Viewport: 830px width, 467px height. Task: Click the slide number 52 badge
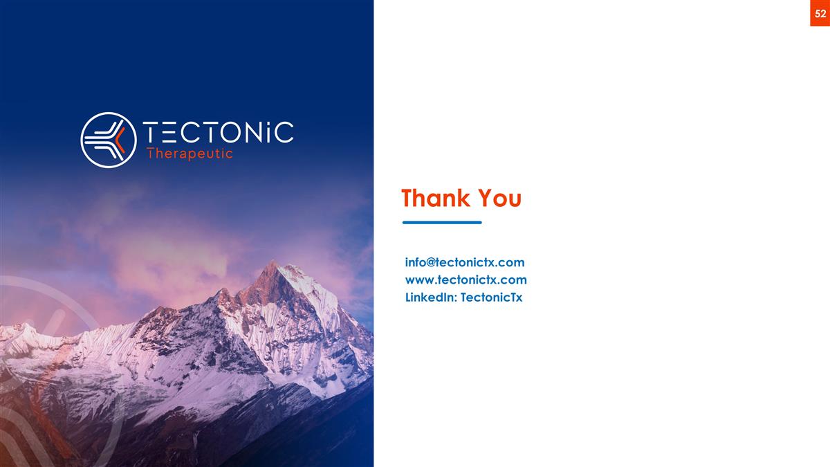[820, 13]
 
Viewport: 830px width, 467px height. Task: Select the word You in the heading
[499, 199]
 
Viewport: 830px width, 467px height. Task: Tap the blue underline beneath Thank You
[442, 223]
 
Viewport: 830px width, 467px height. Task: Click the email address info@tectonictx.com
[465, 262]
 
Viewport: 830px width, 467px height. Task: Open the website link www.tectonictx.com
[465, 280]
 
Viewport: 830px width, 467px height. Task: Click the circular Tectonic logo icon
[109, 140]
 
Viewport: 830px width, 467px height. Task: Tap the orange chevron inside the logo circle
[120, 140]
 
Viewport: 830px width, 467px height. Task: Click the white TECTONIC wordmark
[218, 133]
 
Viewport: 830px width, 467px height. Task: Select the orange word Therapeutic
[190, 154]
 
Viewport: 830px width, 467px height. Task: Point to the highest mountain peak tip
[275, 262]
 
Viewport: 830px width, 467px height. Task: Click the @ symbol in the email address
[430, 262]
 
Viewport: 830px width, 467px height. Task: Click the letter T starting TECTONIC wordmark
[152, 133]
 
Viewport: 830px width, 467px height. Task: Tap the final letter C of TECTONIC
[283, 133]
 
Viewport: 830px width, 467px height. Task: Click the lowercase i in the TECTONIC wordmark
[266, 133]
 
